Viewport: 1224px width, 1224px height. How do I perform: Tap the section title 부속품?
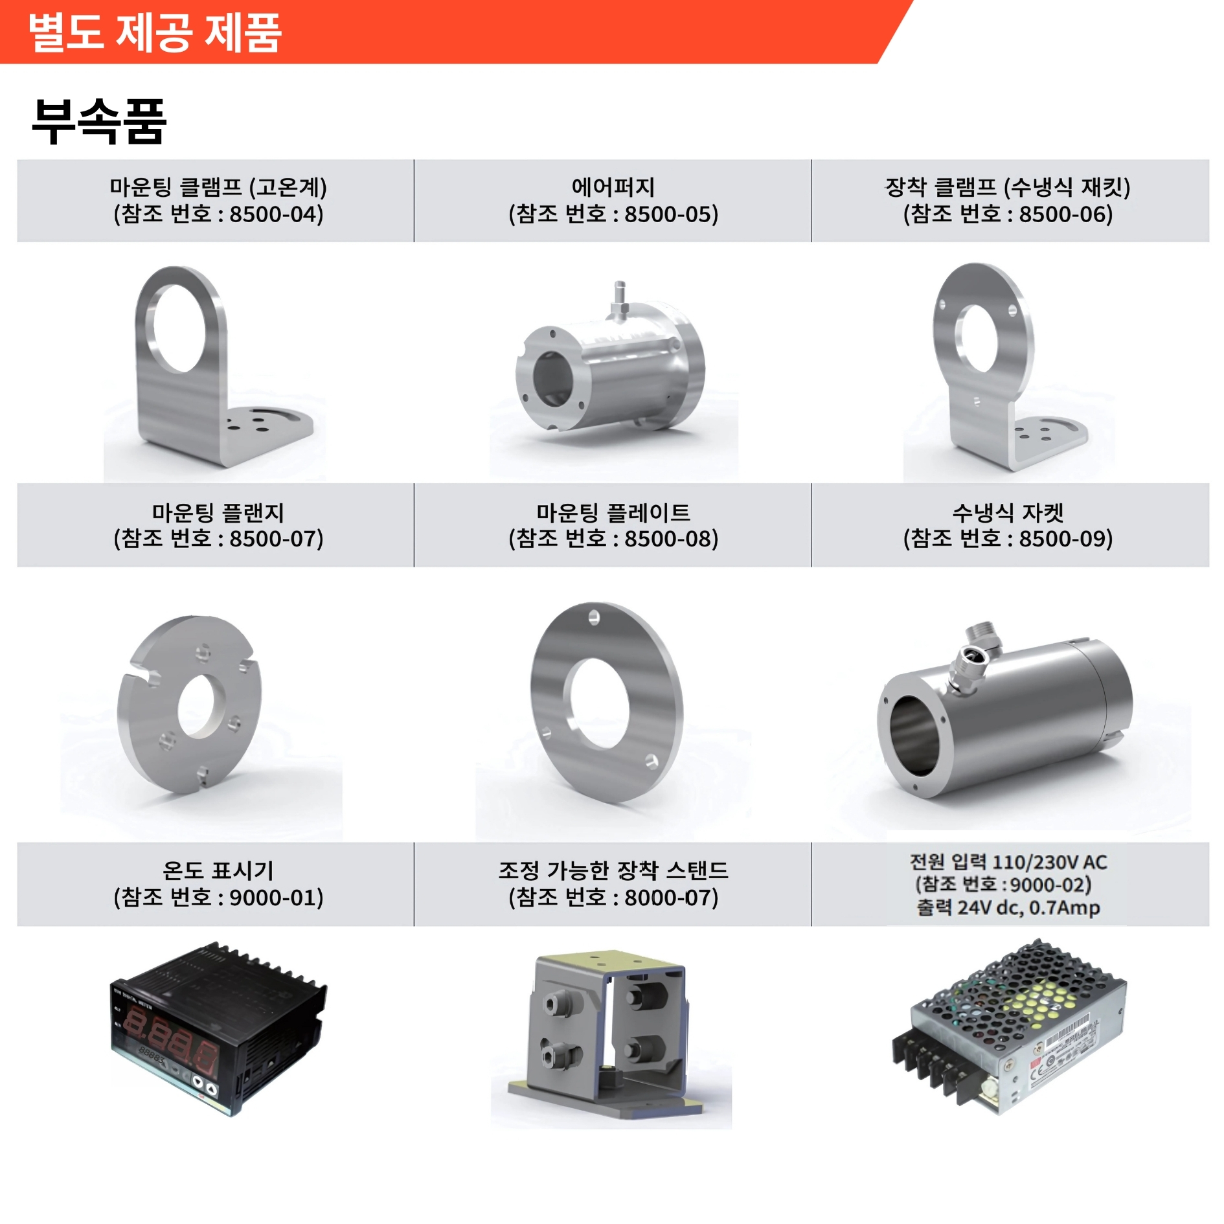[99, 121]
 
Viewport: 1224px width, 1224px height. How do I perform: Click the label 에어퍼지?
[613, 187]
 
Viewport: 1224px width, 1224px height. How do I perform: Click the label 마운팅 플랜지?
[218, 512]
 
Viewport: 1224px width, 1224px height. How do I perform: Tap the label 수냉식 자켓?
[1008, 512]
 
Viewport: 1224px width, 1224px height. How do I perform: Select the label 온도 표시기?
[218, 870]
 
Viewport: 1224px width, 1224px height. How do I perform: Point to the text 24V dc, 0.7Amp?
[1029, 907]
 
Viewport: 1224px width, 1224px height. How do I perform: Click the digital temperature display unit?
[219, 1028]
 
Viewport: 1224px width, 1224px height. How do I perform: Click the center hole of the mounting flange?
[201, 706]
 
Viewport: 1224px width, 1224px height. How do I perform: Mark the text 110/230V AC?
[1050, 862]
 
